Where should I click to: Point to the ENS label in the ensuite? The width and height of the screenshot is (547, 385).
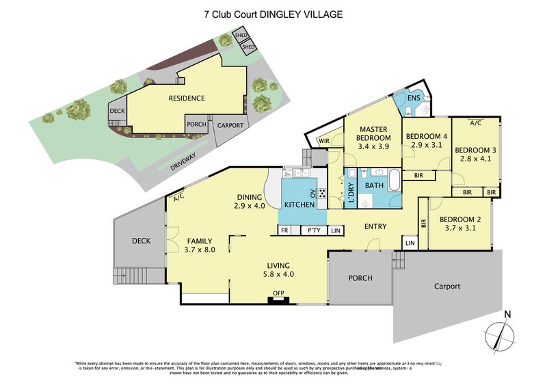click(413, 98)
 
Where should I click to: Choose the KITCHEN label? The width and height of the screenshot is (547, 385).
click(299, 204)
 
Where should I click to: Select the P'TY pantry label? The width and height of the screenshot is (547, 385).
click(314, 231)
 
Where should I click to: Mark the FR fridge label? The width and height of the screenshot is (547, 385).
click(284, 231)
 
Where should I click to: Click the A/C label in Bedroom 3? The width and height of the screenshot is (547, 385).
click(475, 123)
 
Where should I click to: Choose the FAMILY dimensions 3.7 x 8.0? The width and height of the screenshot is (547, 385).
click(200, 250)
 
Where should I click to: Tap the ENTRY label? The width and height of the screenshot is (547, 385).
click(375, 226)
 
